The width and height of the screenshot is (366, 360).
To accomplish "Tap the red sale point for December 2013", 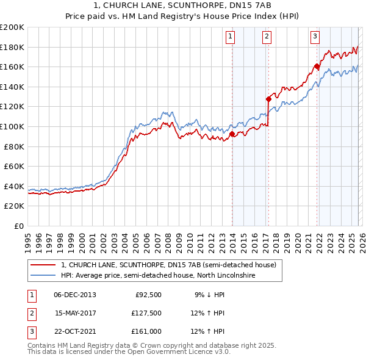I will (x=232, y=134).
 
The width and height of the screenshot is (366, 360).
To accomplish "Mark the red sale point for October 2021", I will (x=317, y=66).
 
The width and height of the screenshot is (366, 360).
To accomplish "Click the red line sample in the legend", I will (x=43, y=265).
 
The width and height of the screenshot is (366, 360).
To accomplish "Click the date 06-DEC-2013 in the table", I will (x=75, y=294).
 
